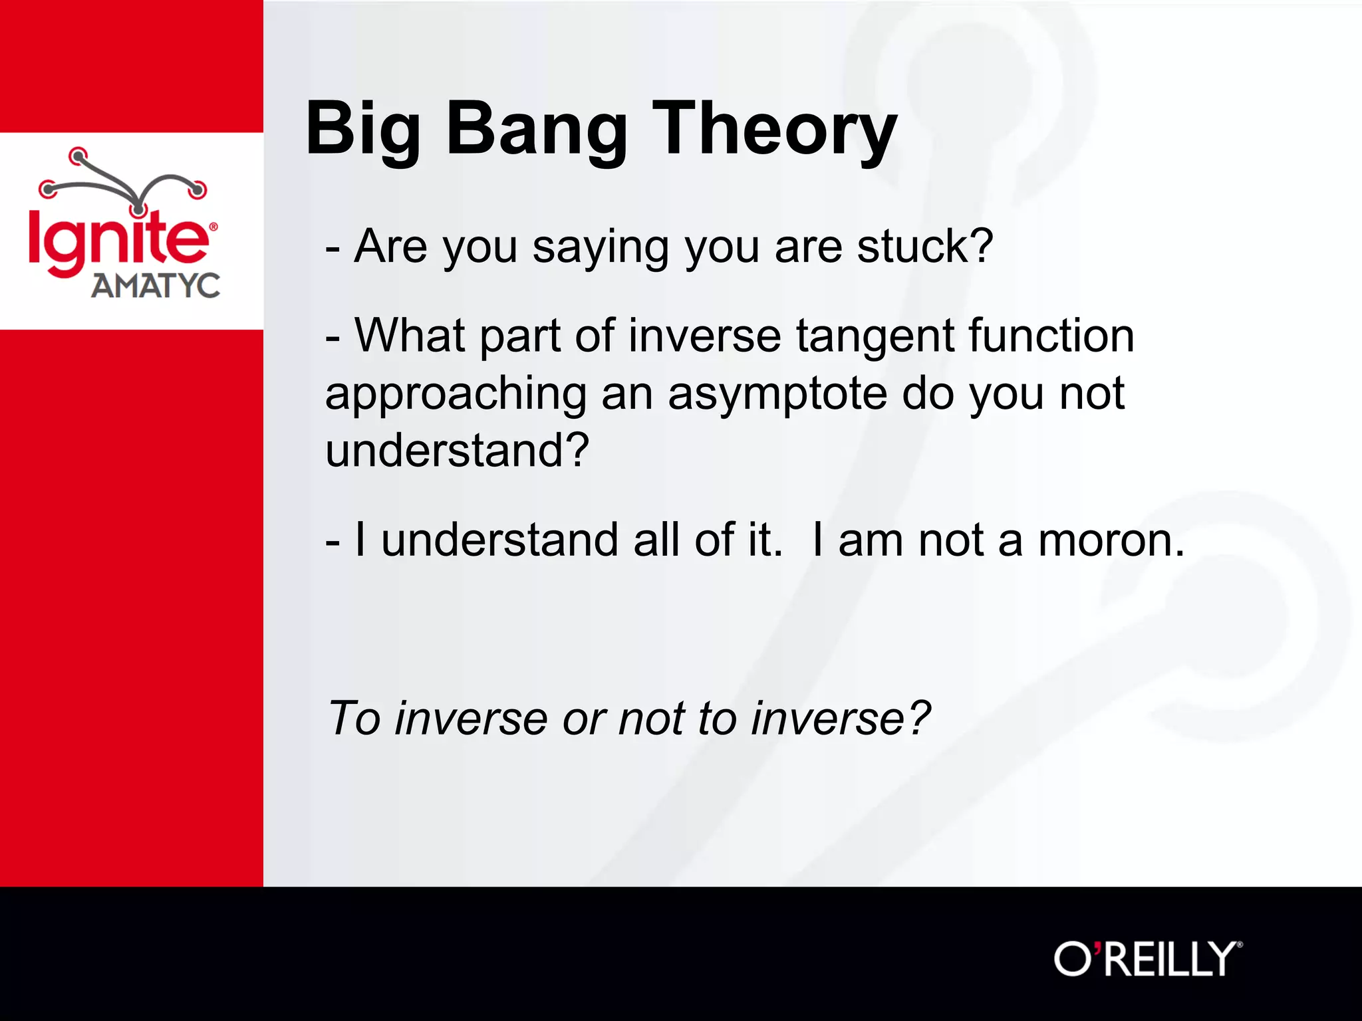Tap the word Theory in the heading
[x=775, y=130]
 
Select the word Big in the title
[x=362, y=130]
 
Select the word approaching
[x=456, y=395]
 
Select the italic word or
[x=584, y=720]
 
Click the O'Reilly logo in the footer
[x=1147, y=959]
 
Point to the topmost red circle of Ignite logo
[x=78, y=156]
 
